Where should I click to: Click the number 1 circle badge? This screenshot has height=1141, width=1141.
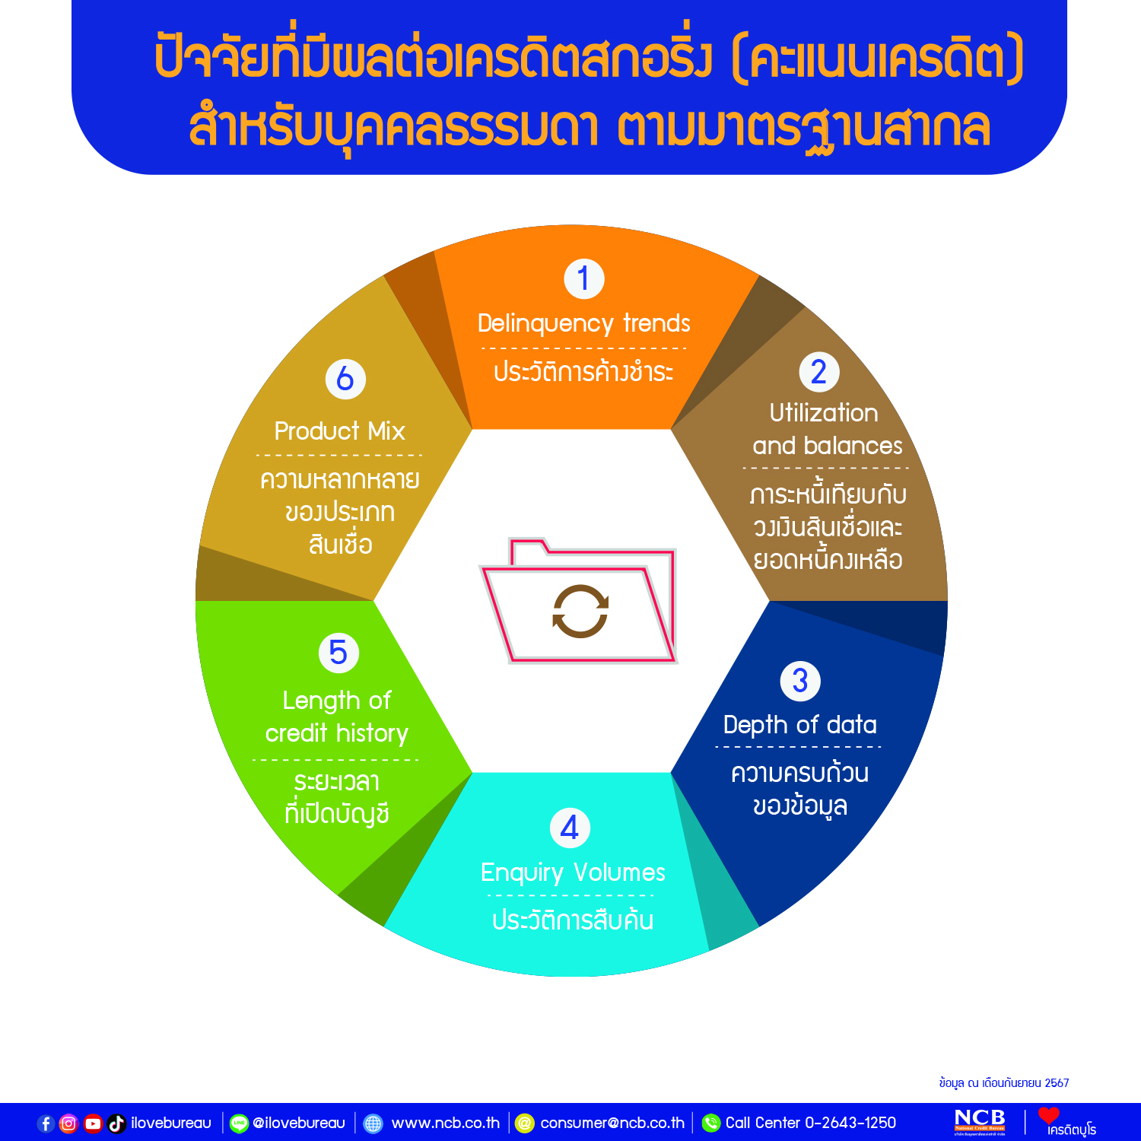pyautogui.click(x=583, y=279)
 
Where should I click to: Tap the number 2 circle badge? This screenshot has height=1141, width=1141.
pyautogui.click(x=818, y=372)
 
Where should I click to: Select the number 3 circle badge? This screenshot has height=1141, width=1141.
pyautogui.click(x=800, y=681)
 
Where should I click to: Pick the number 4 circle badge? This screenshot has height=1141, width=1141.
pyautogui.click(x=570, y=828)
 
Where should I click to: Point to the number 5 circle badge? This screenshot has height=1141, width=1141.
pyautogui.click(x=338, y=653)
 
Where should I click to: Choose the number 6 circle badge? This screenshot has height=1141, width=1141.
pyautogui.click(x=345, y=379)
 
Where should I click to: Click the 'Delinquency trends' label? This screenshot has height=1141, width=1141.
pyautogui.click(x=583, y=324)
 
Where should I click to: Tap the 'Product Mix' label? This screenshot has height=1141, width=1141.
pyautogui.click(x=340, y=431)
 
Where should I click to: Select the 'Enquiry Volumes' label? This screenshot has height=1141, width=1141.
pyautogui.click(x=573, y=872)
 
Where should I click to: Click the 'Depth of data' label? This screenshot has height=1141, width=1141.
pyautogui.click(x=800, y=725)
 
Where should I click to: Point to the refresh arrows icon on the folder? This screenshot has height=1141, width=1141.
pyautogui.click(x=580, y=611)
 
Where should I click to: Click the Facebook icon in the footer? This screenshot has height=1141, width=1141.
pyautogui.click(x=46, y=1124)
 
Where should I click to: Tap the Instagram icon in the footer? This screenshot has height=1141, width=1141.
pyautogui.click(x=68, y=1124)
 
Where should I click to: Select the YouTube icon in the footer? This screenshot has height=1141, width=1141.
pyautogui.click(x=93, y=1124)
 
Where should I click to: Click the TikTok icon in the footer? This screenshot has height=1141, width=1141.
pyautogui.click(x=116, y=1124)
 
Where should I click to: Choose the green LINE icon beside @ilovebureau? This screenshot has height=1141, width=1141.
pyautogui.click(x=239, y=1124)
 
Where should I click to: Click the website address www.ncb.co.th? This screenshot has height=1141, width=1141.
pyautogui.click(x=446, y=1123)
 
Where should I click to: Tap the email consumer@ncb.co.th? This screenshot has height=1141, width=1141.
pyautogui.click(x=612, y=1123)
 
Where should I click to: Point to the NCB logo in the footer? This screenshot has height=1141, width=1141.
pyautogui.click(x=980, y=1122)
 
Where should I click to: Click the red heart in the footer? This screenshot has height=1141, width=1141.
pyautogui.click(x=1049, y=1115)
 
